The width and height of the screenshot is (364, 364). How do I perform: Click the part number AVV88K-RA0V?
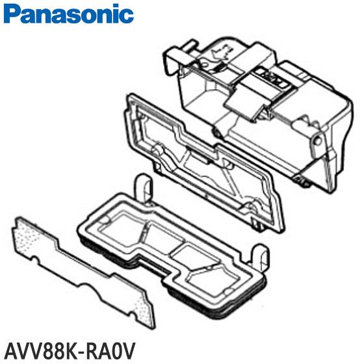tap(70, 351)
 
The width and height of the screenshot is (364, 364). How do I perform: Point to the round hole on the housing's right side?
tap(317, 140)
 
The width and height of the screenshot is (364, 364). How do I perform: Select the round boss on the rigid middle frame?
tap(158, 151)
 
